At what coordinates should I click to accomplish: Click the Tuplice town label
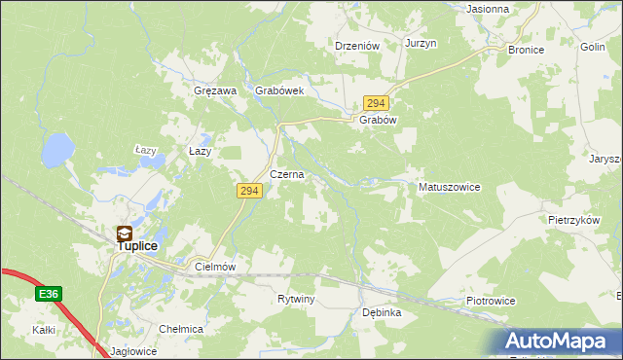point(137,247)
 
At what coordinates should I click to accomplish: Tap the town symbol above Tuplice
point(125,234)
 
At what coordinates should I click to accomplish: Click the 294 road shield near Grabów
point(377,102)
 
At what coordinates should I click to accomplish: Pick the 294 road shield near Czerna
point(247,192)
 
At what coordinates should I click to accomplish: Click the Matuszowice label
point(449,187)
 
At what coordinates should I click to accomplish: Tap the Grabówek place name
point(280,90)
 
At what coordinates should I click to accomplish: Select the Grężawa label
point(216,90)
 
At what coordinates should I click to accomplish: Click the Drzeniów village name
point(356,45)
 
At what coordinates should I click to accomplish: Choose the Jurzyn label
point(421,44)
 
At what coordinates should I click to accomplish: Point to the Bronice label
point(526,49)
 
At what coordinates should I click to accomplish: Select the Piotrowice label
point(490,302)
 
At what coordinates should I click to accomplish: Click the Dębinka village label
point(382,313)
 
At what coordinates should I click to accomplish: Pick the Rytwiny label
point(296,299)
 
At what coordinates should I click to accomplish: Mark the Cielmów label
point(216,266)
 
